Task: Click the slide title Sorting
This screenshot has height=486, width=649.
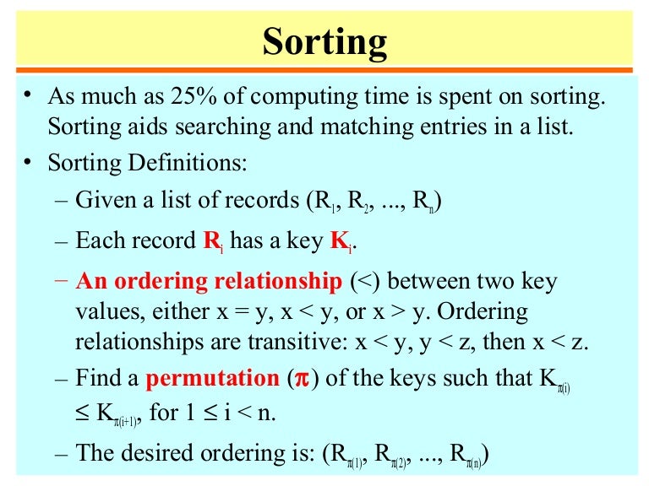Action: pos(324,41)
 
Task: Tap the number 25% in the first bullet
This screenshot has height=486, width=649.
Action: pos(188,98)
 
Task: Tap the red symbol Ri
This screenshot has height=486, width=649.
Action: pos(213,240)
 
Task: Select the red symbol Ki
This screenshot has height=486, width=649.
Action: pos(338,240)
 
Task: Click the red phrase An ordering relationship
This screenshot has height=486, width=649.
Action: pos(208,281)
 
